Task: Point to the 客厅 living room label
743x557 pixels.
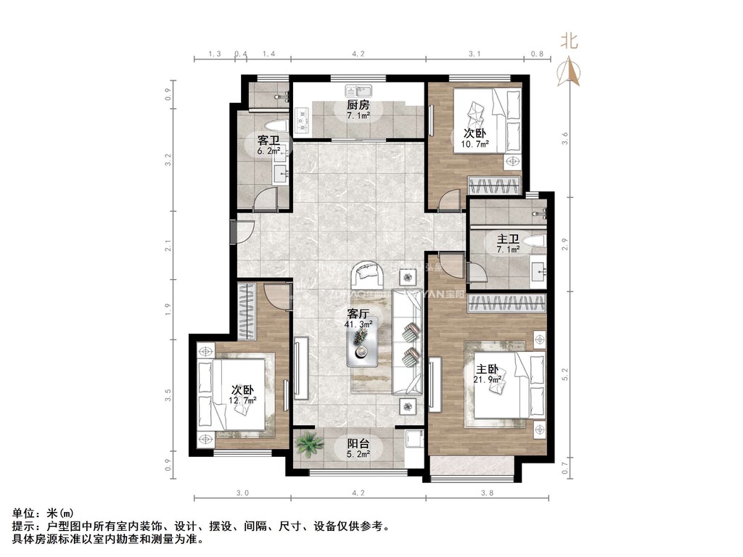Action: click(x=358, y=314)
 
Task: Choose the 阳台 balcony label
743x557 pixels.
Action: click(x=358, y=444)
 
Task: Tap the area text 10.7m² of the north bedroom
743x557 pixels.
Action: click(x=475, y=144)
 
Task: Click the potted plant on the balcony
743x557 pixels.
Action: click(x=310, y=442)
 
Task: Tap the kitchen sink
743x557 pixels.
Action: click(x=359, y=91)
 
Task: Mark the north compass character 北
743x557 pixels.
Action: click(x=569, y=41)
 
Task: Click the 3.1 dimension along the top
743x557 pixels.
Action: click(x=475, y=54)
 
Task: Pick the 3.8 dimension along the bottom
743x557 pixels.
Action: click(x=486, y=492)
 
